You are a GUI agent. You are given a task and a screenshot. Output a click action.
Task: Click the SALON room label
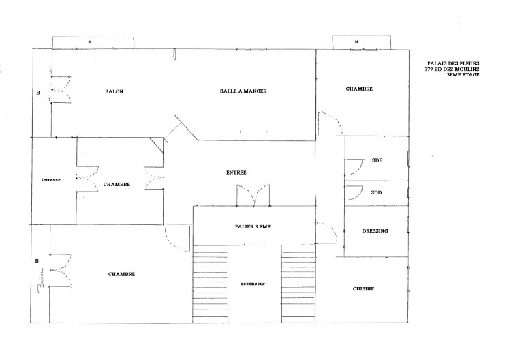(114, 91)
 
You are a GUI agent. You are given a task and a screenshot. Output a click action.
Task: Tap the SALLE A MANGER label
(243, 91)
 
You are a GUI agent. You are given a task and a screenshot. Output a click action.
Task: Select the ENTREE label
(236, 172)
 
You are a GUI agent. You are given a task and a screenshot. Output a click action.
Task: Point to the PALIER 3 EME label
(253, 227)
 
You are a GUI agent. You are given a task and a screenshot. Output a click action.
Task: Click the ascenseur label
(253, 284)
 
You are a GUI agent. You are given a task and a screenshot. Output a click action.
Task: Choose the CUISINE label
(364, 288)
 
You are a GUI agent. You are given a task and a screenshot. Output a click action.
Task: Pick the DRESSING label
(375, 230)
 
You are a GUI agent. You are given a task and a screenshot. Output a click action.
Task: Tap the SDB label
(377, 160)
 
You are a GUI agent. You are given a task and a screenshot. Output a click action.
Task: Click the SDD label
(376, 193)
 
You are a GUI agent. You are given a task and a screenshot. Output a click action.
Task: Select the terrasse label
(51, 180)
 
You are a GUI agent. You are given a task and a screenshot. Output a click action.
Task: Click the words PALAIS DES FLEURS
(453, 63)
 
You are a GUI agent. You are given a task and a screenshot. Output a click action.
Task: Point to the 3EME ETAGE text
(463, 75)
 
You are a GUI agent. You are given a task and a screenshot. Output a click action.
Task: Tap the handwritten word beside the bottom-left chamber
(42, 280)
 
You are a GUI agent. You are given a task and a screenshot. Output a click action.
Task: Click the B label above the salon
(90, 42)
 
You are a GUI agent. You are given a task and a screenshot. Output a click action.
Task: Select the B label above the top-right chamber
(357, 42)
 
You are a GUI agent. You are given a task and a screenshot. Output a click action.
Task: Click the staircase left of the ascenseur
(210, 284)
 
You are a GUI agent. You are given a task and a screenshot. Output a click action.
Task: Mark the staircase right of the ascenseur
(298, 284)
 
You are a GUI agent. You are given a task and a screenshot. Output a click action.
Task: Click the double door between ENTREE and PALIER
(253, 195)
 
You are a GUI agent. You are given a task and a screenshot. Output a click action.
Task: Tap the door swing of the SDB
(354, 167)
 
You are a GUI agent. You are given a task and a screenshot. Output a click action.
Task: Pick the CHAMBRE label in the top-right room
(359, 89)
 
